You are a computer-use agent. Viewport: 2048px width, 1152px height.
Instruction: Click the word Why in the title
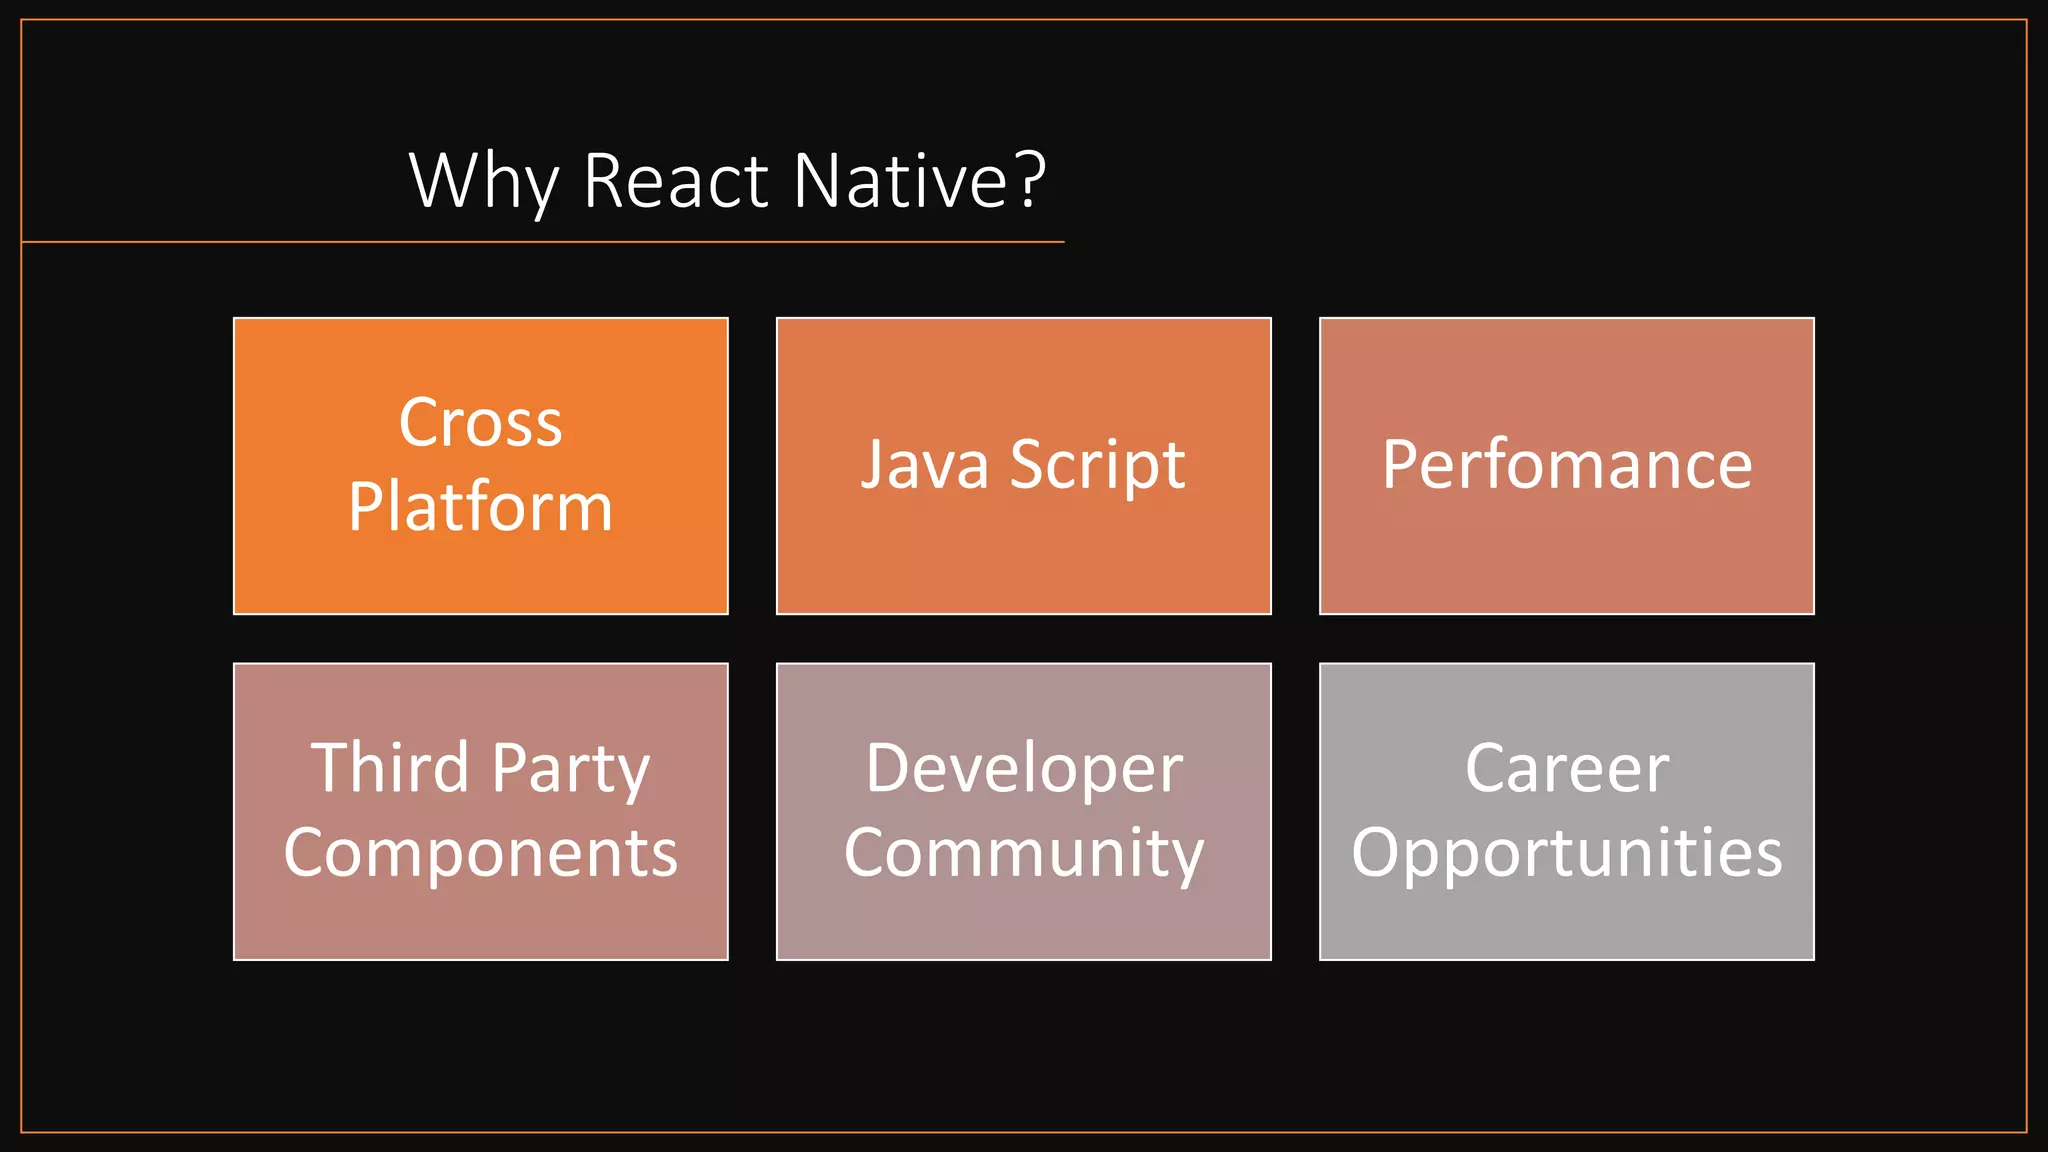coord(483,181)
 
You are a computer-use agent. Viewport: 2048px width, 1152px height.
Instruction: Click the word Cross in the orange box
coord(480,423)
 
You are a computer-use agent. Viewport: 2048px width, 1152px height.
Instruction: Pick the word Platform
coord(480,507)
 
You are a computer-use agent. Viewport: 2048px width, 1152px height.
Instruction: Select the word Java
coord(925,466)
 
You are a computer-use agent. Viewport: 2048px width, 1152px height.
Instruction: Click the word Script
coord(1097,466)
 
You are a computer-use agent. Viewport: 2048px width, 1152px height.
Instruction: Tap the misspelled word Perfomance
coord(1567,465)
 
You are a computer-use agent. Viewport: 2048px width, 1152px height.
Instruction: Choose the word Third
coord(389,769)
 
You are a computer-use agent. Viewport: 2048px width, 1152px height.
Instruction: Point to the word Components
coord(480,853)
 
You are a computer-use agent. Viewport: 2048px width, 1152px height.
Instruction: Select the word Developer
coord(1024,769)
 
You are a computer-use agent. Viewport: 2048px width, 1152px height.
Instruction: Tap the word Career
coord(1567,769)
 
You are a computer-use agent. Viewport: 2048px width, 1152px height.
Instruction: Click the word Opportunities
coord(1567,853)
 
